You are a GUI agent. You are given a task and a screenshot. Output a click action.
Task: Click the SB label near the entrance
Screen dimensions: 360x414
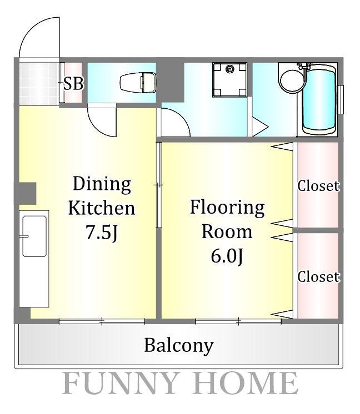coord(73,83)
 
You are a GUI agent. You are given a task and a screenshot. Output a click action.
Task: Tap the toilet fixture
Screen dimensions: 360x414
coord(138,83)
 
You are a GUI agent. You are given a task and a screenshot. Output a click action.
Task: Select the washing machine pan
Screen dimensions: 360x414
coord(229,80)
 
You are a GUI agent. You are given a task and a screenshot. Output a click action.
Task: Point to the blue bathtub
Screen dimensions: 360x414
coord(319,100)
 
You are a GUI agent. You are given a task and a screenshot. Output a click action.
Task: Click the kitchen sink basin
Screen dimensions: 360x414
coord(34,236)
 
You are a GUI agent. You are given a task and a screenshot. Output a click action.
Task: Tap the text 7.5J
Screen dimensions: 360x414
coord(101,232)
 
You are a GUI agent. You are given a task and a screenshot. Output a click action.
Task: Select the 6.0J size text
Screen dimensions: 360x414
coord(227,256)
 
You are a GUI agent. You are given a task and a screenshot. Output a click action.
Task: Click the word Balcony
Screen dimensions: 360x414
coord(179,345)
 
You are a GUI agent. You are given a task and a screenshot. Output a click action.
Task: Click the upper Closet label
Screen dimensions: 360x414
coord(318,186)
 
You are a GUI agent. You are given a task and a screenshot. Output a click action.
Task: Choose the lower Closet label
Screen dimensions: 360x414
coord(318,277)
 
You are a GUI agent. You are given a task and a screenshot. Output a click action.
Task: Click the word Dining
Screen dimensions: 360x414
coord(102,184)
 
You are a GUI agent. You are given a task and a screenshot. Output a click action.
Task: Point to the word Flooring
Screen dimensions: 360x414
coord(227,208)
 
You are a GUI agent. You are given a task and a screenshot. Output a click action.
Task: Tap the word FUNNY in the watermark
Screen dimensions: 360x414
coord(120,383)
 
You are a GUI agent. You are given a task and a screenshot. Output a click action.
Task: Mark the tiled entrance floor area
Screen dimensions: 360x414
coord(39,83)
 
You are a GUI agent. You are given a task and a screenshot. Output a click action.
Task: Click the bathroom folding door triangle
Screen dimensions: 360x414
coord(259,127)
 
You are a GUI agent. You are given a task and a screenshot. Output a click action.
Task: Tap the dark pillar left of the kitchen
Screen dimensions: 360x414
coord(27,193)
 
